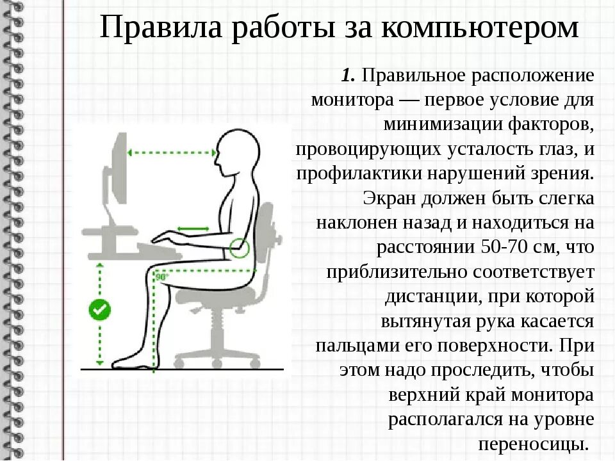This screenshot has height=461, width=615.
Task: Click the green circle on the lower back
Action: tap(240, 247)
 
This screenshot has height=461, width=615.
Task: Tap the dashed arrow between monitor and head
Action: tap(172, 152)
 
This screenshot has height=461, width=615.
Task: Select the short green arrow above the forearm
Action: tap(193, 228)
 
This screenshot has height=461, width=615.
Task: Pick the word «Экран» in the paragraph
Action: tap(384, 198)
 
